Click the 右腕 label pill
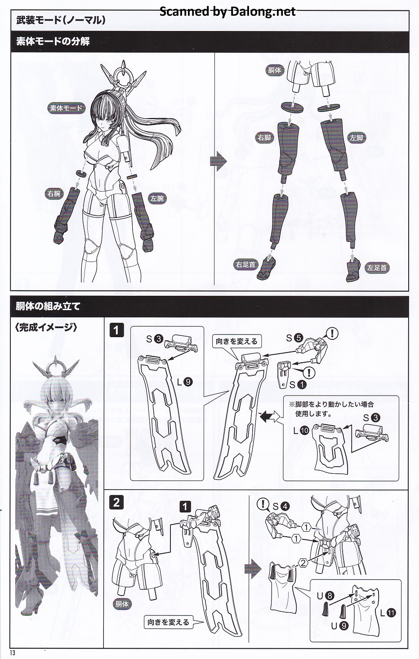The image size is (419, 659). pyautogui.click(x=54, y=194)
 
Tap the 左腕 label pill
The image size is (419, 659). pyautogui.click(x=157, y=198)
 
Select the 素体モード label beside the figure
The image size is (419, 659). pyautogui.click(x=66, y=108)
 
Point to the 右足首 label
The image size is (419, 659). pyautogui.click(x=246, y=264)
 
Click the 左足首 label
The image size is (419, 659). pyautogui.click(x=377, y=268)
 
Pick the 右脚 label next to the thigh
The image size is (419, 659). pyautogui.click(x=264, y=138)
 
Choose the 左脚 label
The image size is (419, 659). pyautogui.click(x=357, y=138)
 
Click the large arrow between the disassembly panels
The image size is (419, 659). pyautogui.click(x=218, y=161)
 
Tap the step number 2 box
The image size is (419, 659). pyautogui.click(x=116, y=503)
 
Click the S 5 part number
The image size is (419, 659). pyautogui.click(x=294, y=338)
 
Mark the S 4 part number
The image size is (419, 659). pyautogui.click(x=281, y=506)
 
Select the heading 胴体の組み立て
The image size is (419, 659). pyautogui.click(x=48, y=306)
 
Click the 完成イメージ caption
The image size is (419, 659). pyautogui.click(x=46, y=327)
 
